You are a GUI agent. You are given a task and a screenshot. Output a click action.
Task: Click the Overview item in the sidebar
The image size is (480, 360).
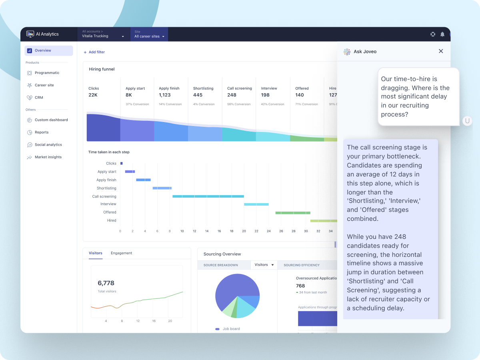(43, 50)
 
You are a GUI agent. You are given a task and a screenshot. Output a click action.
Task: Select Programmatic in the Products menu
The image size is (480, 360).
(47, 73)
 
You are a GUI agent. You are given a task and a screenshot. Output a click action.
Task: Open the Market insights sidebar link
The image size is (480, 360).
(48, 157)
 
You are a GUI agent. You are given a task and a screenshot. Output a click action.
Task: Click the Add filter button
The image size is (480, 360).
(94, 52)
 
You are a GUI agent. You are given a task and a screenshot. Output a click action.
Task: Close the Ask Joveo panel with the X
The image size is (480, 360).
(441, 51)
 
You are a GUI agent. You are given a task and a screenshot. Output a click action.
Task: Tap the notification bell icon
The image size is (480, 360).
(442, 34)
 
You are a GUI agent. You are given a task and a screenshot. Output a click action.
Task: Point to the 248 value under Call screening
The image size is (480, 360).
(232, 95)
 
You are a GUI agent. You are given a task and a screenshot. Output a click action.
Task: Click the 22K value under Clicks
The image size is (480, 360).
(93, 95)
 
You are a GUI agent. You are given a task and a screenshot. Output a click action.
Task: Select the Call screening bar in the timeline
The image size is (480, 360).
(208, 196)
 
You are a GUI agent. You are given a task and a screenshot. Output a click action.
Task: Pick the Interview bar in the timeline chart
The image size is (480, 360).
(256, 204)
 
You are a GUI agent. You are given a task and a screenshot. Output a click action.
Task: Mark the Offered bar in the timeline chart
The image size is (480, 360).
(293, 213)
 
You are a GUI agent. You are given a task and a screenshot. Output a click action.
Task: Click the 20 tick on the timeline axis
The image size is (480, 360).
(244, 231)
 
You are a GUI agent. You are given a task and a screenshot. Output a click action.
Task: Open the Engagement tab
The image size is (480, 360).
(121, 253)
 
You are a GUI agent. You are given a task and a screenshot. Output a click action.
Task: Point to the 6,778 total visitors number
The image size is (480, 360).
(106, 283)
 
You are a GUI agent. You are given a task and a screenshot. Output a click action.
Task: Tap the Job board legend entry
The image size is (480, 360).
(231, 329)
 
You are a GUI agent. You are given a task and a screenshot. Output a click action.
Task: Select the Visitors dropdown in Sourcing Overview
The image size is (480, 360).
(264, 265)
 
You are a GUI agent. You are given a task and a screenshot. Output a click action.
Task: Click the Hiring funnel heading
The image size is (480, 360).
(102, 69)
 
